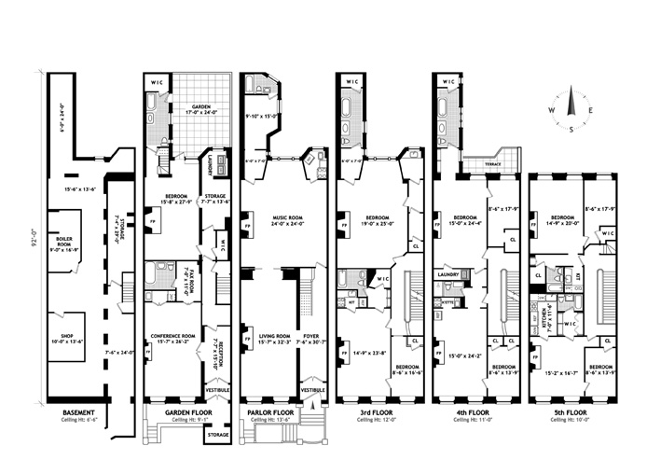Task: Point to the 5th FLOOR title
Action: tap(570, 411)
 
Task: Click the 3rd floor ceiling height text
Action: tap(378, 420)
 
